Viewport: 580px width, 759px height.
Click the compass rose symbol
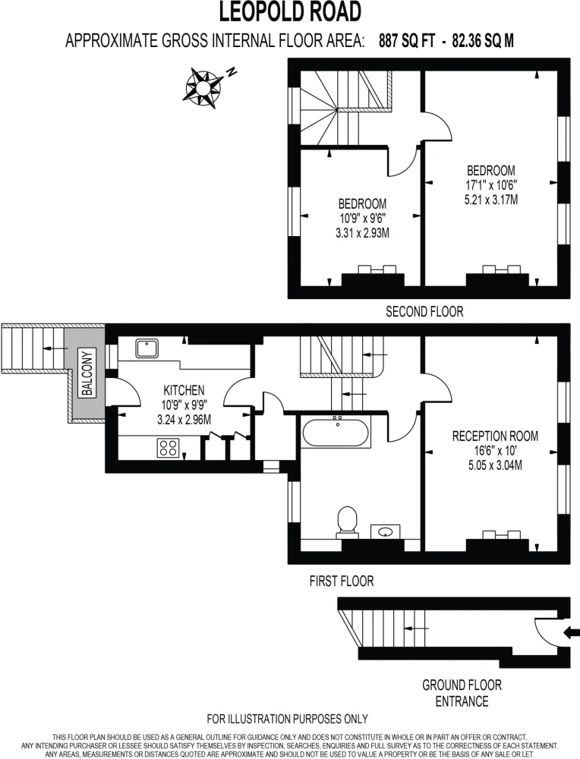pos(203,87)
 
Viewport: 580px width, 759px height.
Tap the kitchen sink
pos(147,348)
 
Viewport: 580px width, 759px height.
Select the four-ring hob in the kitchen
pos(168,448)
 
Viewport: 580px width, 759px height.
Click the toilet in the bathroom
pos(347,522)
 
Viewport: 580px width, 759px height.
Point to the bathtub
pos(337,431)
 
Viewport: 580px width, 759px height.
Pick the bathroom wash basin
pos(386,531)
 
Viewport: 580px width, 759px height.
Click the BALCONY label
pos(87,373)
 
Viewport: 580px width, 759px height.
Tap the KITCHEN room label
pos(184,389)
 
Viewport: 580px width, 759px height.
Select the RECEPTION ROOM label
pos(495,436)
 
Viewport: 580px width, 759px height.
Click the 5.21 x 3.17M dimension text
pos(491,200)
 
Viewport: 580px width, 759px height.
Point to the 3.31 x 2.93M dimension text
pos(363,233)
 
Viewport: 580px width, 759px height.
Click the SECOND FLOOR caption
pos(424,311)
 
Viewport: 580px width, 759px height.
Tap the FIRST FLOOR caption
pos(342,581)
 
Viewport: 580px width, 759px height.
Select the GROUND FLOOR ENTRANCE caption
pos(462,693)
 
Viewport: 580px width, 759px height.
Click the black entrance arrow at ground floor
pos(572,632)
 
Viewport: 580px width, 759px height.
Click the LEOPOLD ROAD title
pos(291,11)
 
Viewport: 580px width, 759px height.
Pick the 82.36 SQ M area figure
pos(483,41)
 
